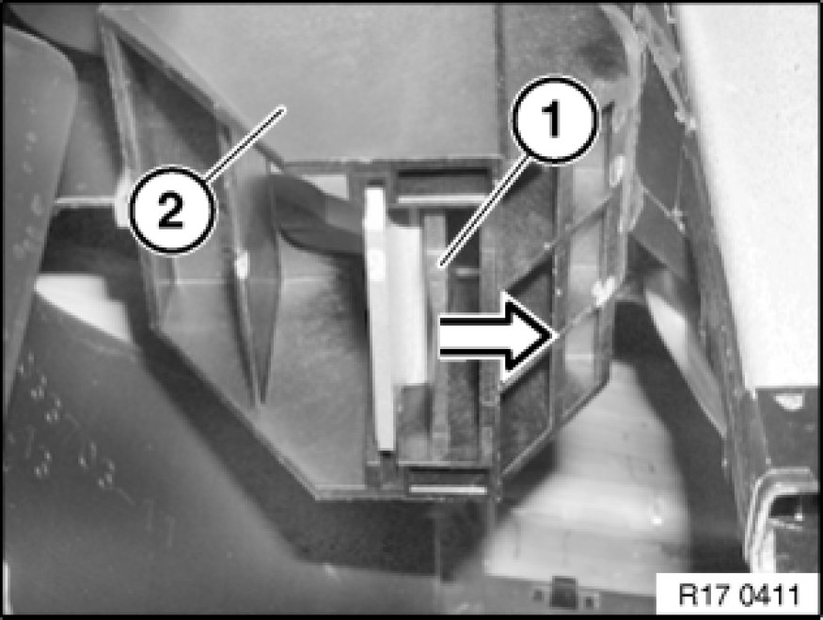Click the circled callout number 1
tap(555, 119)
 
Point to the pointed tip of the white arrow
tap(554, 337)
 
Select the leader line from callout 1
tap(483, 212)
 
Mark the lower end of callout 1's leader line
tap(441, 265)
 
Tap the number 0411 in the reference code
tap(771, 596)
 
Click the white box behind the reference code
tap(736, 594)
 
